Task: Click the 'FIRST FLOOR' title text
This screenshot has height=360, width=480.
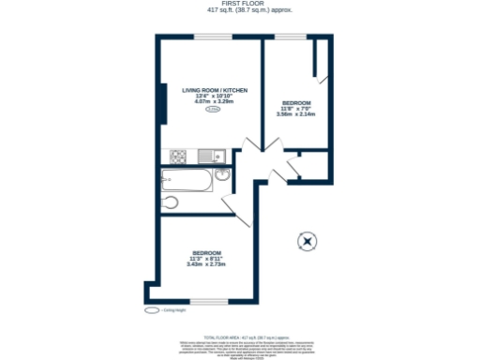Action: click(x=241, y=4)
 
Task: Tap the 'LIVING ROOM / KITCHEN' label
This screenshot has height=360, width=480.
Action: click(x=214, y=89)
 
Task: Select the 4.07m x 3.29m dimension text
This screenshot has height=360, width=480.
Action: click(x=214, y=101)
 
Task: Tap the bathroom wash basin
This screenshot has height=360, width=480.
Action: click(x=223, y=175)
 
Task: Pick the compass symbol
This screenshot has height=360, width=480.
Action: click(x=307, y=242)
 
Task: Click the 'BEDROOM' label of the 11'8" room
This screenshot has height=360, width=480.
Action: click(x=296, y=102)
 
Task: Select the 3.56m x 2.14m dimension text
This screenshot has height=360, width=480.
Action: click(x=296, y=114)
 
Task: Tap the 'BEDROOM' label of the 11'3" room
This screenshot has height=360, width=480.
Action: click(x=206, y=252)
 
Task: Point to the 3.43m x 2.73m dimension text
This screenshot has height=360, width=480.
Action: click(x=206, y=264)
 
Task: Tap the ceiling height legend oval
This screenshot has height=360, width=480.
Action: click(x=151, y=308)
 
